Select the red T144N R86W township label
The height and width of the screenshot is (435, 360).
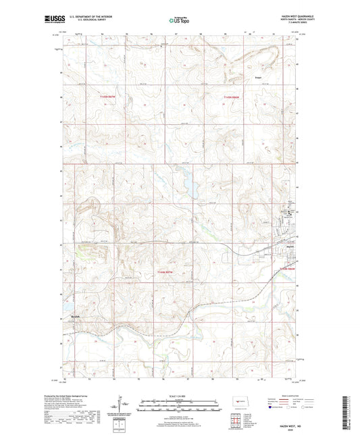288,268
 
